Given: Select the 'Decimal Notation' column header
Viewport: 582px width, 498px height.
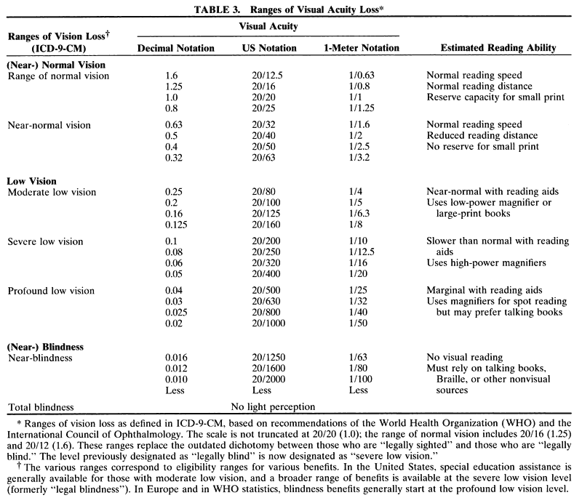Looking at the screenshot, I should click(x=176, y=48).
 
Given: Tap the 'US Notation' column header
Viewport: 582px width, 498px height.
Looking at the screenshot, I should click(x=268, y=48).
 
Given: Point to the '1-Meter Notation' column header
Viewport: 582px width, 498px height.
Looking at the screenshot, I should click(x=362, y=48).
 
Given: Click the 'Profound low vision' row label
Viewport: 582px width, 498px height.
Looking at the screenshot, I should click(x=50, y=292).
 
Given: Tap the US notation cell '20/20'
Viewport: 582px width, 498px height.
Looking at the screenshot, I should click(x=255, y=97).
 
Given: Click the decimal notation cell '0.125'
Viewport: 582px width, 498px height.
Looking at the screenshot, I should click(x=180, y=225).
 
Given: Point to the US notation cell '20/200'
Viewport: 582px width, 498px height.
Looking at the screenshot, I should click(x=259, y=241).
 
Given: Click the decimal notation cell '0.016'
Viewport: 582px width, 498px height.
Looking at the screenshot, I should click(x=180, y=358).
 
